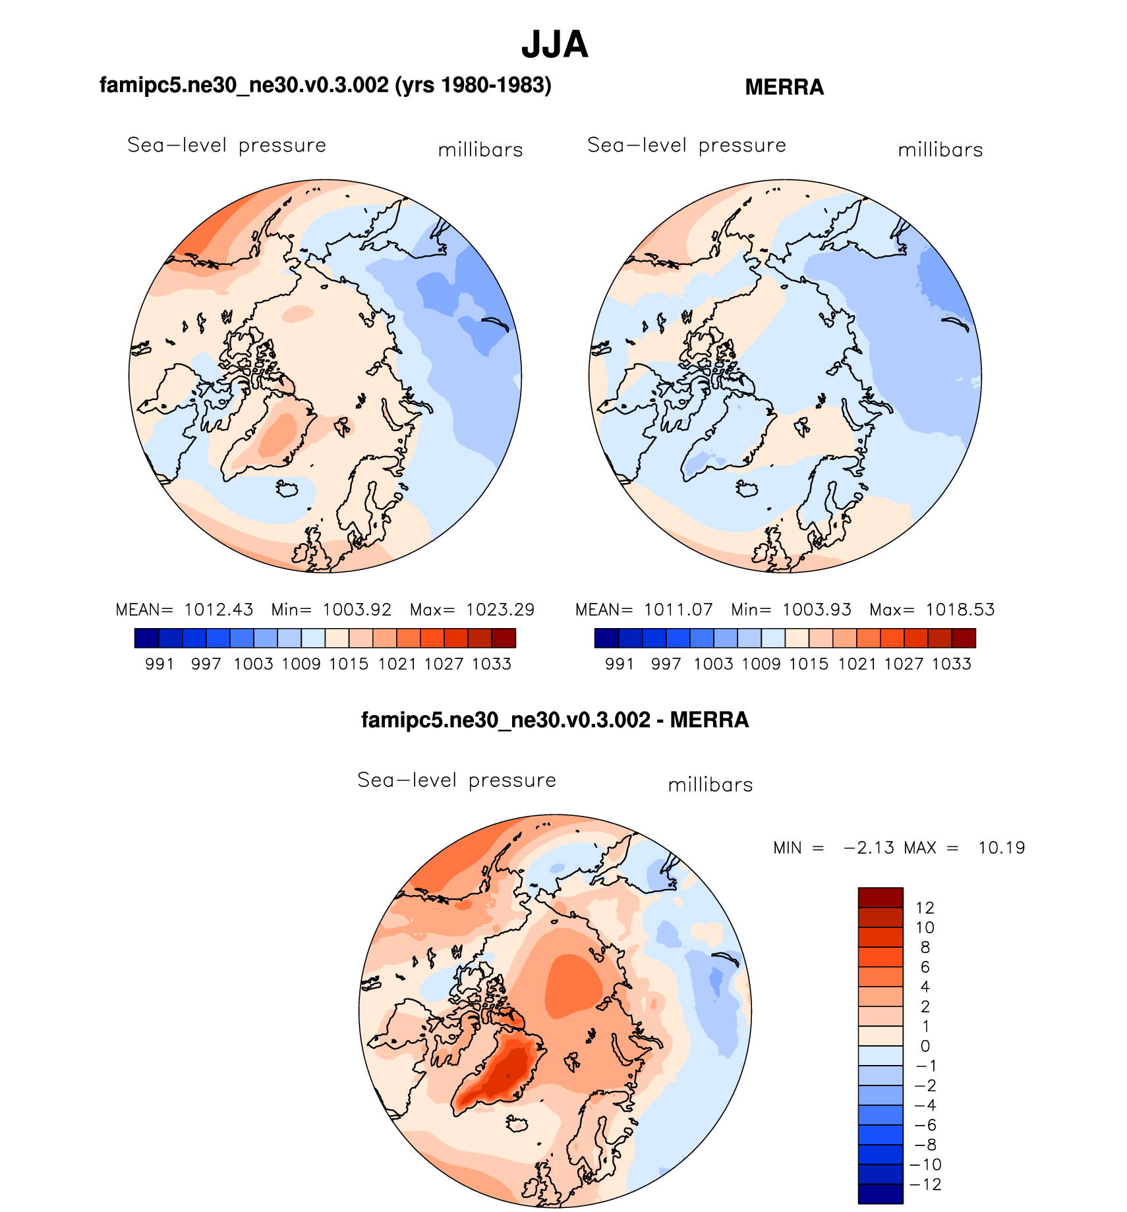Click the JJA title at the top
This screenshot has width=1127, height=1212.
(554, 45)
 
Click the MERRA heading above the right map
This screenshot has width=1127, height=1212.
(784, 87)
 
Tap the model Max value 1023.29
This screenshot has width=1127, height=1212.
(500, 610)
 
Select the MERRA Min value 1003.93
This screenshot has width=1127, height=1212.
(817, 610)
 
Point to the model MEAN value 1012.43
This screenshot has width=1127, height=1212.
(218, 610)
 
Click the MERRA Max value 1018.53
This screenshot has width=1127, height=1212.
(960, 610)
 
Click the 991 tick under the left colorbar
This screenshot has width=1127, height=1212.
(159, 664)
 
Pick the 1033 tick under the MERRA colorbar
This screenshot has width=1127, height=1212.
(951, 664)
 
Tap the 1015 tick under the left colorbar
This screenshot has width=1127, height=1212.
(349, 664)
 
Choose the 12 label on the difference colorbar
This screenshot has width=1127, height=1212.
(925, 908)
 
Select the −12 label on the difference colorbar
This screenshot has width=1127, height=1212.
(925, 1184)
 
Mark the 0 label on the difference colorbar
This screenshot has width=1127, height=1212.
(925, 1046)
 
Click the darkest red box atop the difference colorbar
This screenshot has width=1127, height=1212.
(880, 898)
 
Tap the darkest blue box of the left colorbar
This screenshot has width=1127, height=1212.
(146, 638)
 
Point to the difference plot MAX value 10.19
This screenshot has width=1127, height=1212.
(1001, 848)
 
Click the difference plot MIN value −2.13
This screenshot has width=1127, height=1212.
(869, 848)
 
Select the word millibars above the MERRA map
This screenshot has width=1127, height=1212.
(940, 150)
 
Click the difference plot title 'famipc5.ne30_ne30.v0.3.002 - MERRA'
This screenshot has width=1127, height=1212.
(555, 720)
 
